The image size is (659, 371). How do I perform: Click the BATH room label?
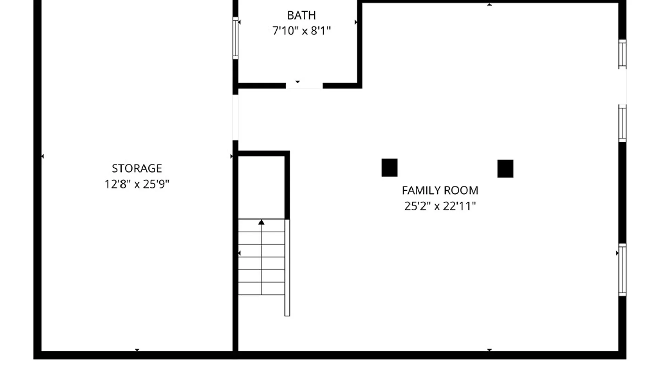[x=301, y=15]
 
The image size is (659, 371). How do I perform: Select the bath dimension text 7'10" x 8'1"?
[x=301, y=31]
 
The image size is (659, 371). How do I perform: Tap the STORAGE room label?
[x=137, y=168]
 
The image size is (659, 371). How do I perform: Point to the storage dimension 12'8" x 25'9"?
[x=137, y=184]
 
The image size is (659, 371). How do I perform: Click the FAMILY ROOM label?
[x=440, y=190]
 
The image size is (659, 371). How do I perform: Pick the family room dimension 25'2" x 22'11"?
[x=440, y=206]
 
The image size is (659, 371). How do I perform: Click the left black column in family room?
[x=390, y=168]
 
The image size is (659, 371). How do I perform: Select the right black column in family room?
[x=505, y=169]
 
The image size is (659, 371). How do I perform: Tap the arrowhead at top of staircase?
[x=261, y=222]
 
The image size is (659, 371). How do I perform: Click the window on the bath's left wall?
[x=235, y=38]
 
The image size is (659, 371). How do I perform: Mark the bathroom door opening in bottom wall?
[x=304, y=86]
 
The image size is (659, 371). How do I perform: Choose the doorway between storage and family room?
[x=235, y=117]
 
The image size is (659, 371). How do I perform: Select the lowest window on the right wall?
[x=622, y=270]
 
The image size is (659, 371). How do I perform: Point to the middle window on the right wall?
[x=622, y=123]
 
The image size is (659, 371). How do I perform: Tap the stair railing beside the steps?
[x=287, y=268]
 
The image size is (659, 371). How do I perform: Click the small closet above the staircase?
[x=261, y=188]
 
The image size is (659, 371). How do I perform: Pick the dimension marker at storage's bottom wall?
[x=137, y=350]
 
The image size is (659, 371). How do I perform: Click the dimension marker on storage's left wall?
[x=43, y=156]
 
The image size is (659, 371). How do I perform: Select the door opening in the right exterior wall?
[x=623, y=87]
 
